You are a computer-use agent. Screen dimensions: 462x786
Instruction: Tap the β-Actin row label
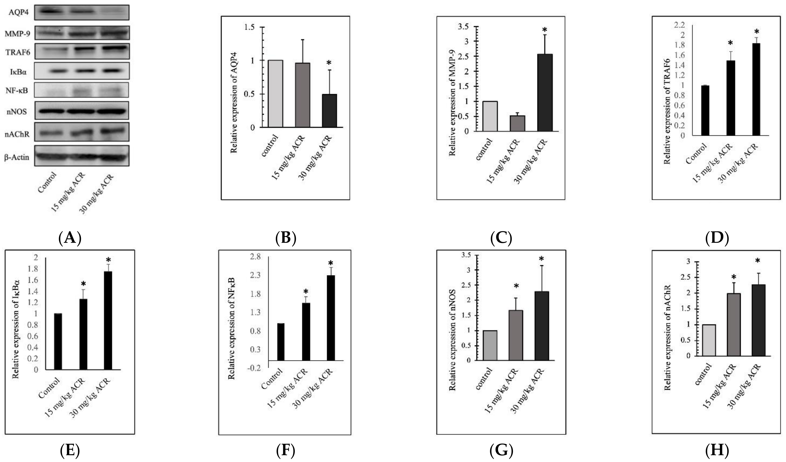pos(17,157)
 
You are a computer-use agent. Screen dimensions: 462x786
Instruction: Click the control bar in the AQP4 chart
pos(276,94)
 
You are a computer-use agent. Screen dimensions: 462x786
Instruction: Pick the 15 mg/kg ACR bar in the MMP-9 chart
pos(517,123)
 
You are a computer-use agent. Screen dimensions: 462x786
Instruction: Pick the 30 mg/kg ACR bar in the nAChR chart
pos(758,320)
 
